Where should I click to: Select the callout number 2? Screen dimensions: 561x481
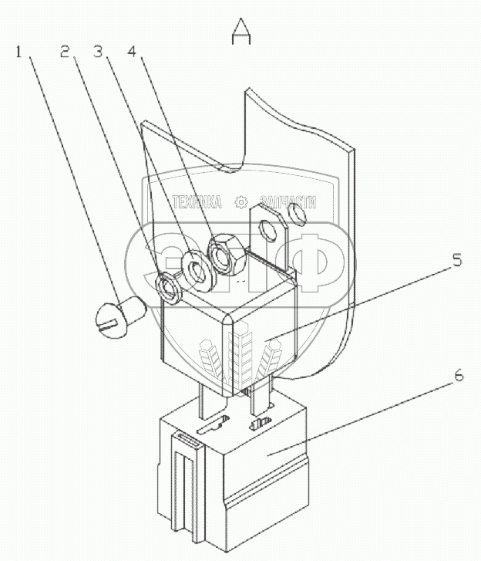[66, 52]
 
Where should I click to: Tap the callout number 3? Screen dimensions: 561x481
[97, 52]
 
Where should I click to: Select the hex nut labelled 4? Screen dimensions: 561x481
[227, 255]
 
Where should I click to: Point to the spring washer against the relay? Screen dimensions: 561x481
[168, 286]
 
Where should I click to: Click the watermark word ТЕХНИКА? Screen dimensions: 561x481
[197, 202]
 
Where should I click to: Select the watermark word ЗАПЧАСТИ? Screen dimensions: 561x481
[289, 202]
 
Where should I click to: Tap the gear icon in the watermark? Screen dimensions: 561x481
[241, 202]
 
